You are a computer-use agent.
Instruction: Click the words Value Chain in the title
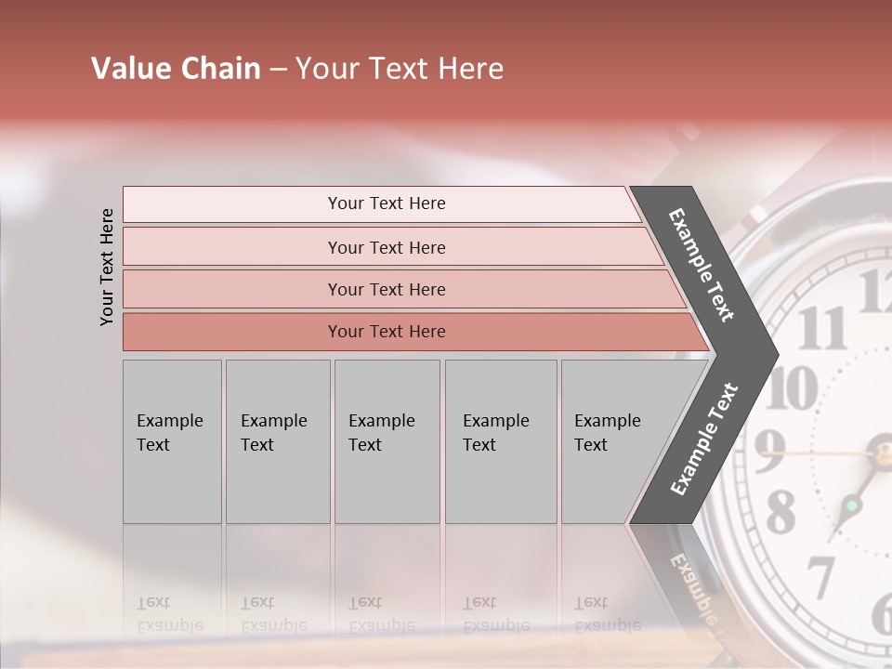coord(176,69)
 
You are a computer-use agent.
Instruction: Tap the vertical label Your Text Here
coord(108,267)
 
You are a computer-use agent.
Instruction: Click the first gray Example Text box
coord(172,441)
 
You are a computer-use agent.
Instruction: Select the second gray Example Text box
coord(277,441)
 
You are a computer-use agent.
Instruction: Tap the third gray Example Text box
coord(387,441)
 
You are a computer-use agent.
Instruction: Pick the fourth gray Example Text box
coord(500,441)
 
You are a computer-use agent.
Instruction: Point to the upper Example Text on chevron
coord(702,265)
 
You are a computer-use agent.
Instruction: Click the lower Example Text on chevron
coord(703,439)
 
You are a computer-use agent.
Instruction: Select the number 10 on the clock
coord(791,387)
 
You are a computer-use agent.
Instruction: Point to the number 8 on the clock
coord(780,509)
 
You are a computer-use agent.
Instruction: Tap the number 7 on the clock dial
coord(820,575)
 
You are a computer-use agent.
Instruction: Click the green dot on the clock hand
coord(851,506)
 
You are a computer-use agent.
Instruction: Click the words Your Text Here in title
coord(400,69)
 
